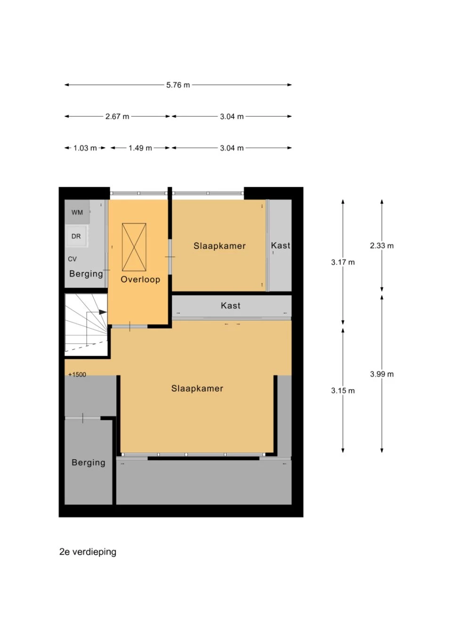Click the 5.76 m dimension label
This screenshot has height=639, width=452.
(178, 85)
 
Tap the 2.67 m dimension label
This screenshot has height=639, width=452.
(117, 117)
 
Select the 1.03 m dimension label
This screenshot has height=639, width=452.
(85, 148)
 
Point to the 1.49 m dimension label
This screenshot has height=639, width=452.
(140, 148)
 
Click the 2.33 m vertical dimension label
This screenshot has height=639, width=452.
(382, 246)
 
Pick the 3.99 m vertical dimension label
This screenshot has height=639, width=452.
(382, 374)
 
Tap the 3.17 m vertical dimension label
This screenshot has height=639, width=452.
(343, 262)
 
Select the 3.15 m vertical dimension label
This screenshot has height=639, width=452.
(343, 391)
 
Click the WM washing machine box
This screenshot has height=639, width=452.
(77, 212)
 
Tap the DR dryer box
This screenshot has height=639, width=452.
(76, 236)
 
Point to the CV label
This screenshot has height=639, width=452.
(72, 259)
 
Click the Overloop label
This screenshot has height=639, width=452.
(140, 280)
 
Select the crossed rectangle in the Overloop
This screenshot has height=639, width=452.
(134, 247)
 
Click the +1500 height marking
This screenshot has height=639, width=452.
(77, 375)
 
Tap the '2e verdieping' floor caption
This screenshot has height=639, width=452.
(88, 552)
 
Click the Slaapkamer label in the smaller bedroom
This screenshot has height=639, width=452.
(219, 246)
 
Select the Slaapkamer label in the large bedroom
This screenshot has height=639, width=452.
(197, 389)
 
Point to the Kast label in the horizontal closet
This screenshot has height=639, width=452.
(230, 306)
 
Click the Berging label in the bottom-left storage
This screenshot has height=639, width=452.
(89, 463)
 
